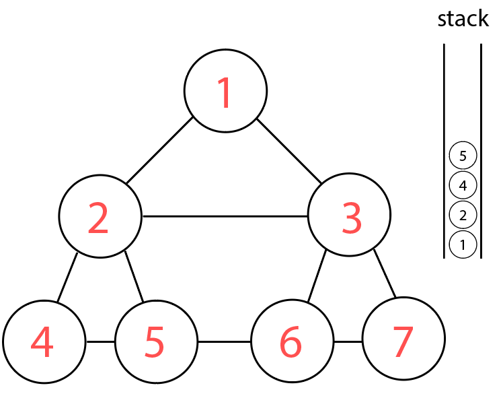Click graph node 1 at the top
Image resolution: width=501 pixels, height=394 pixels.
pyautogui.click(x=225, y=91)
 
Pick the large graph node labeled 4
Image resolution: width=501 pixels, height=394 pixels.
pyautogui.click(x=44, y=341)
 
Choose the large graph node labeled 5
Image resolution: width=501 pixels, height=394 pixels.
pyautogui.click(x=156, y=341)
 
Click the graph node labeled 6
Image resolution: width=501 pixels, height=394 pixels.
pyautogui.click(x=292, y=341)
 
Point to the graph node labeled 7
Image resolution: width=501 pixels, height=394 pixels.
pyautogui.click(x=403, y=341)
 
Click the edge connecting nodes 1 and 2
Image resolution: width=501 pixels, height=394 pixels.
pyautogui.click(x=160, y=152)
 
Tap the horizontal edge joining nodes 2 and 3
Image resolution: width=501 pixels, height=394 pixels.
pyautogui.click(x=225, y=217)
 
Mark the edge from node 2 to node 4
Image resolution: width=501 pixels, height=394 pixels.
pyautogui.click(x=67, y=277)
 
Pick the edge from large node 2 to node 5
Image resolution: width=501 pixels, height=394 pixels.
pyautogui.click(x=134, y=277)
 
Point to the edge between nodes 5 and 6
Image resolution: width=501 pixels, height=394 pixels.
pyautogui.click(x=224, y=341)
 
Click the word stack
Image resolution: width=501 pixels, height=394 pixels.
pyautogui.click(x=463, y=19)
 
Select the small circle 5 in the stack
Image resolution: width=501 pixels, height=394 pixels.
pyautogui.click(x=463, y=156)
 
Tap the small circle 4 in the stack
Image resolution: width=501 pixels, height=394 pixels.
pyautogui.click(x=463, y=185)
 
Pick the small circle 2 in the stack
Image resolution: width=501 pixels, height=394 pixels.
pyautogui.click(x=463, y=215)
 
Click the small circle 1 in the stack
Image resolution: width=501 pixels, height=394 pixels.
pyautogui.click(x=463, y=244)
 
